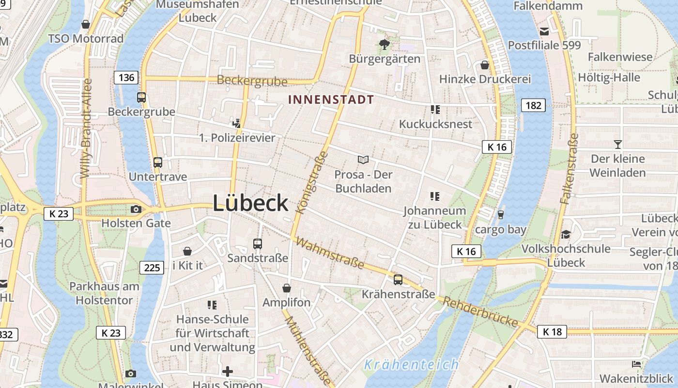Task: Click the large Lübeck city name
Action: tap(250, 203)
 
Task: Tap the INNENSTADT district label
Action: tap(331, 100)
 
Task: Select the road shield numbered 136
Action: tap(126, 77)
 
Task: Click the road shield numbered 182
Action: tap(533, 105)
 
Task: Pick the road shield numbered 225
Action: tap(152, 267)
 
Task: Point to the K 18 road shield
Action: tap(552, 332)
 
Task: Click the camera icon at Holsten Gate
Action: tap(136, 210)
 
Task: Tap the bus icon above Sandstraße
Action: tap(258, 244)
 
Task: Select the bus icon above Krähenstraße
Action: tap(398, 279)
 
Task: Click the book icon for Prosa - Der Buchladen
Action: tap(363, 160)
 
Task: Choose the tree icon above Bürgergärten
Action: tap(385, 45)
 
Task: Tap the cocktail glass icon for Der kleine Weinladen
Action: tap(617, 144)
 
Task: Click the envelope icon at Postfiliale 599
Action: tap(544, 32)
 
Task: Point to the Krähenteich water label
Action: tap(411, 364)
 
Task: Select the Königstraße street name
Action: tap(311, 183)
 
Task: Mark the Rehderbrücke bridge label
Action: tap(480, 312)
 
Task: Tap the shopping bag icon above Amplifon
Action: tap(287, 288)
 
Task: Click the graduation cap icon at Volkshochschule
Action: tap(566, 235)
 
